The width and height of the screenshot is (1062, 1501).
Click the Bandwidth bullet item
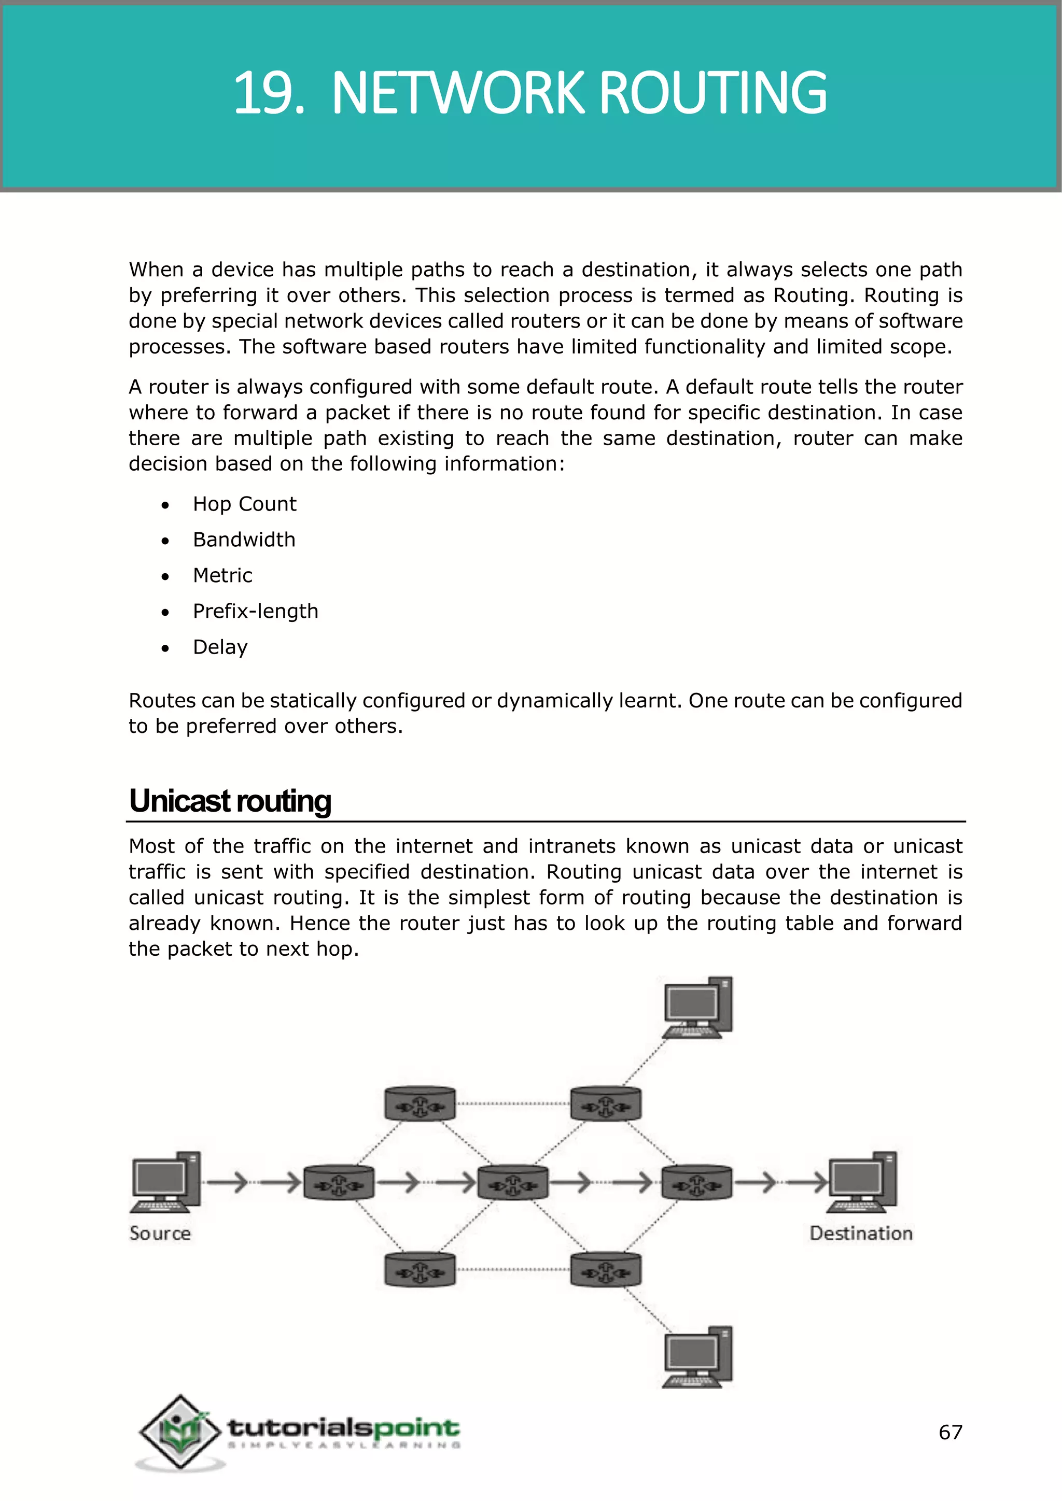244,540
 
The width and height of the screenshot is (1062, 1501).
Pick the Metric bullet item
222,575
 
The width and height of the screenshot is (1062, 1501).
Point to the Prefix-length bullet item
255,611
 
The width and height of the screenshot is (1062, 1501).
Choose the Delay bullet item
220,647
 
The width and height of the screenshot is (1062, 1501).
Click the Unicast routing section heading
230,801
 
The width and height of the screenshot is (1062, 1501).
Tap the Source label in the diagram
160,1234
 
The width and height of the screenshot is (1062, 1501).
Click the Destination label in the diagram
861,1234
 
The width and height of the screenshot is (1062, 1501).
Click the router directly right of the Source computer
339,1183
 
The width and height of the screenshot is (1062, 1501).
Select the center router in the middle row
513,1183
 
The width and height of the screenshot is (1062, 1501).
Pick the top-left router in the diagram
419,1104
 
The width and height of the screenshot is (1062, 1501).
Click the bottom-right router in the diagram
606,1269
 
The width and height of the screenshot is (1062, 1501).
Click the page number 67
950,1433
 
